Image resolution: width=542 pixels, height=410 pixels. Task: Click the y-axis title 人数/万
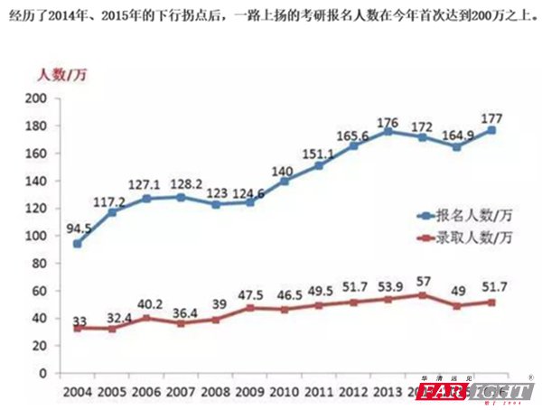coord(55,75)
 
